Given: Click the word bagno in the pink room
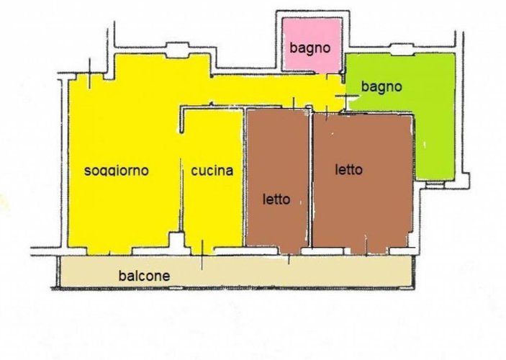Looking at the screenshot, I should point(310,49).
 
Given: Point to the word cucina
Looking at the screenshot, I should point(212,171).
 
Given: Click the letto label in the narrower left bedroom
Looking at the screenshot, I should point(276,199).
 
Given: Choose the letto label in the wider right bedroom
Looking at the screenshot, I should point(349,170).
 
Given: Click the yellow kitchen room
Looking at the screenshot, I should point(212,209).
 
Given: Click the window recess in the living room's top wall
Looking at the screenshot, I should point(176,52).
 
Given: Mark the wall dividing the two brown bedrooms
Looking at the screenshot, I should point(310,180).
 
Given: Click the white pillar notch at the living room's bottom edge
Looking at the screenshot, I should point(175,240).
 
